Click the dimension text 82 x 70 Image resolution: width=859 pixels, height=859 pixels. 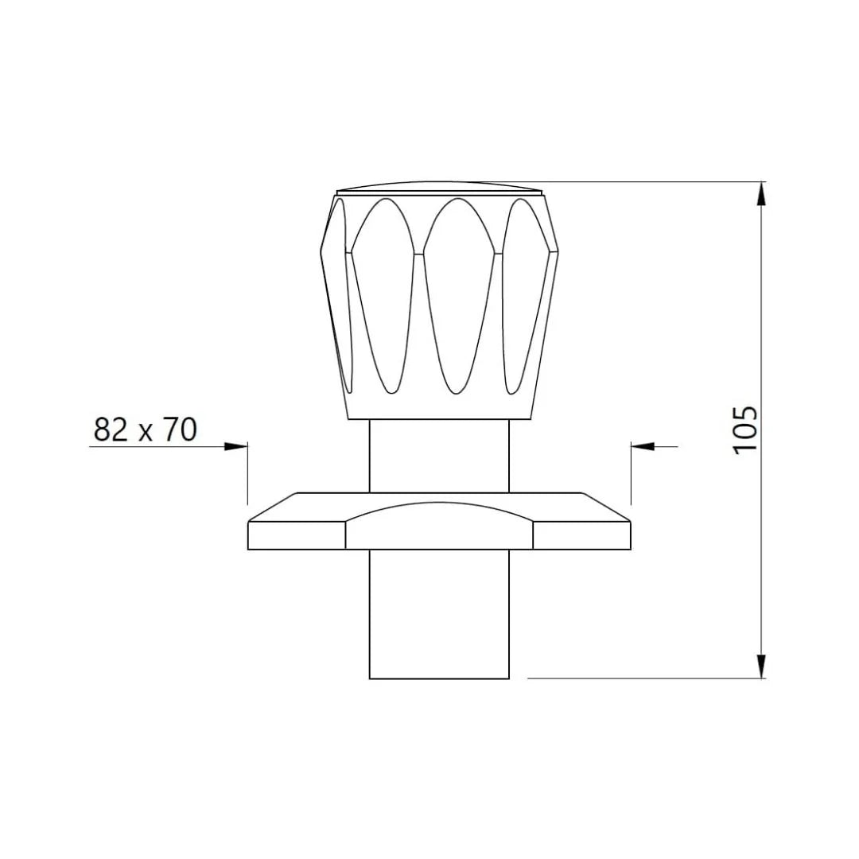click(145, 429)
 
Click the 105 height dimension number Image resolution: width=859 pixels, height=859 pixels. click(745, 430)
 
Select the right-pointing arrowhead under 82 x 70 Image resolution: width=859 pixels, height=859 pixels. click(236, 446)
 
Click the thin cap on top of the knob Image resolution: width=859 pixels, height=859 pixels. click(440, 188)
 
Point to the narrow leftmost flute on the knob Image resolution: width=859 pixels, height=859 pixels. click(340, 294)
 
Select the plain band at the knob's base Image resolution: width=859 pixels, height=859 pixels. click(439, 407)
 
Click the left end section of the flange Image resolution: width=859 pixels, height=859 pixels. click(297, 534)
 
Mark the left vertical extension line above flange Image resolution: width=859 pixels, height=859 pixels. click(248, 473)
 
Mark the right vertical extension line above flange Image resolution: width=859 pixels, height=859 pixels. click(631, 473)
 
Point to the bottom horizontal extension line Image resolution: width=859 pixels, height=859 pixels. click(644, 678)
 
